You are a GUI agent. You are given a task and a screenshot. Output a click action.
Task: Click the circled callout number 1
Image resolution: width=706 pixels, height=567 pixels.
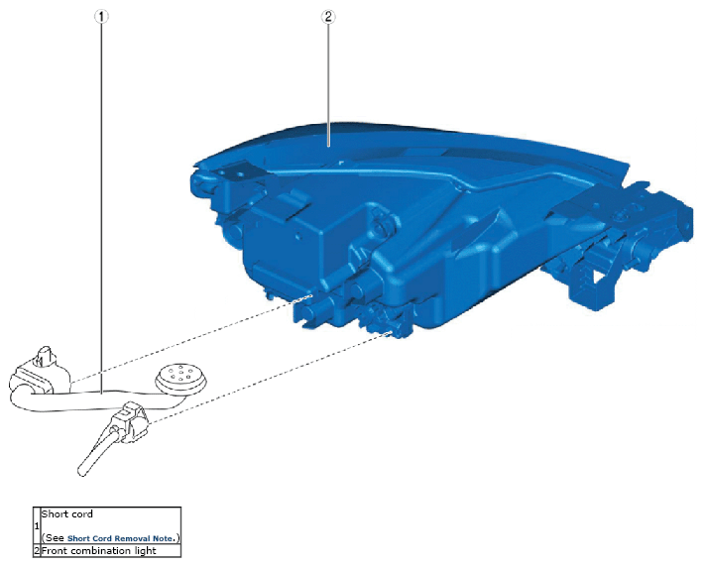pos(101,17)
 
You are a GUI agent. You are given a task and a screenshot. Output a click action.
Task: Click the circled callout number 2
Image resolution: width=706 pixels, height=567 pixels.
pos(328,17)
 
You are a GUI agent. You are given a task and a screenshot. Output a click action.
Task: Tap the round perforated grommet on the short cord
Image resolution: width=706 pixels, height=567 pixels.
pos(181,378)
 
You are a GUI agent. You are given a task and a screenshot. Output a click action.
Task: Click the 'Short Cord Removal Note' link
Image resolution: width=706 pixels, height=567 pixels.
pos(120,538)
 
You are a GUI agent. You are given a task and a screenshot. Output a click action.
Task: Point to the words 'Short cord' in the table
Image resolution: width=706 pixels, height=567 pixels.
pos(67,513)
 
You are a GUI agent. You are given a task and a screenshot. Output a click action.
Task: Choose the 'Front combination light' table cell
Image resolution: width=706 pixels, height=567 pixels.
pos(111,551)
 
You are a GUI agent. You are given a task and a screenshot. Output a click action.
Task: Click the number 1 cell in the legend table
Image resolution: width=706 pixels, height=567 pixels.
pos(37,525)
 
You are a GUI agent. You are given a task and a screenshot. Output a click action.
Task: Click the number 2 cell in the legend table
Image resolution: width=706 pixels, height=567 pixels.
pos(37,551)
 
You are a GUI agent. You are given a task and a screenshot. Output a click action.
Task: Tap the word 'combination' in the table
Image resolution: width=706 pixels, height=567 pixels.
pos(101,551)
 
